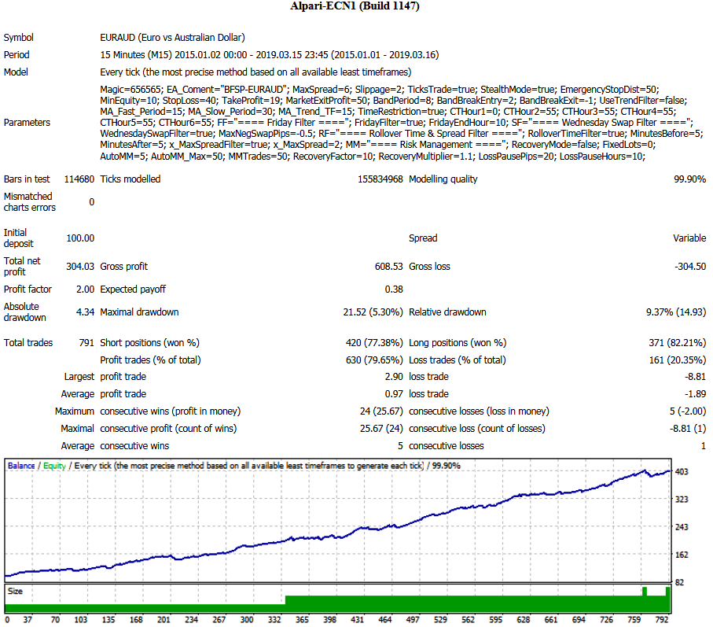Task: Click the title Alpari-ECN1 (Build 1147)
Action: pyautogui.click(x=355, y=6)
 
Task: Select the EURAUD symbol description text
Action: pyautogui.click(x=172, y=37)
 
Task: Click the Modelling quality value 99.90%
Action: pyautogui.click(x=689, y=179)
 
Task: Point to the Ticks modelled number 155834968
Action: pyautogui.click(x=380, y=179)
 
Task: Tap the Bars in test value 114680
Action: pyautogui.click(x=79, y=179)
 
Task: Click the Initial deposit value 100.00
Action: pyautogui.click(x=80, y=238)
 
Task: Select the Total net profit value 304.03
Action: pyautogui.click(x=80, y=267)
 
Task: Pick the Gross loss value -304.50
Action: pyautogui.click(x=690, y=267)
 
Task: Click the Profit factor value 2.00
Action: pyautogui.click(x=85, y=290)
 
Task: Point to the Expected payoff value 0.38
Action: pyautogui.click(x=394, y=290)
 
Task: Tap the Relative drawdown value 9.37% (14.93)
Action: pyautogui.click(x=676, y=312)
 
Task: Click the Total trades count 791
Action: pyautogui.click(x=86, y=343)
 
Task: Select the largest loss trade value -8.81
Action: pyautogui.click(x=695, y=377)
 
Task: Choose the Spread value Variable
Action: pyautogui.click(x=689, y=238)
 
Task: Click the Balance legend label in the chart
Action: pyautogui.click(x=21, y=466)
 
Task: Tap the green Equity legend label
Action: pyautogui.click(x=54, y=466)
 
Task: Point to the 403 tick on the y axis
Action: pyautogui.click(x=682, y=472)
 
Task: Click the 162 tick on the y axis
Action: pyautogui.click(x=682, y=555)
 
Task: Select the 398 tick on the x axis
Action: pyautogui.click(x=329, y=620)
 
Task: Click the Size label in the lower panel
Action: pyautogui.click(x=15, y=592)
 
